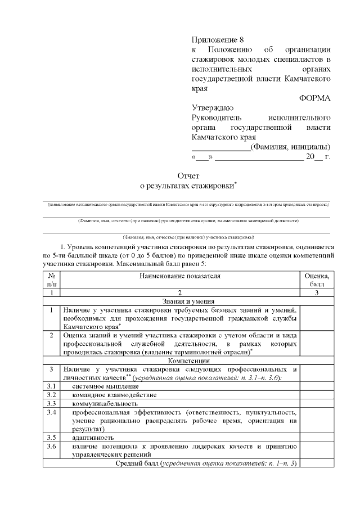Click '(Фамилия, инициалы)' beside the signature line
click(x=290, y=147)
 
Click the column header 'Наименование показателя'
click(x=181, y=276)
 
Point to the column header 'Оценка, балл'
click(x=317, y=280)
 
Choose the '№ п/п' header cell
click(x=51, y=280)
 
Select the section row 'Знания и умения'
click(x=181, y=301)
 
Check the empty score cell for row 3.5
click(x=317, y=437)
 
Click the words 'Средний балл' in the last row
click(x=137, y=463)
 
